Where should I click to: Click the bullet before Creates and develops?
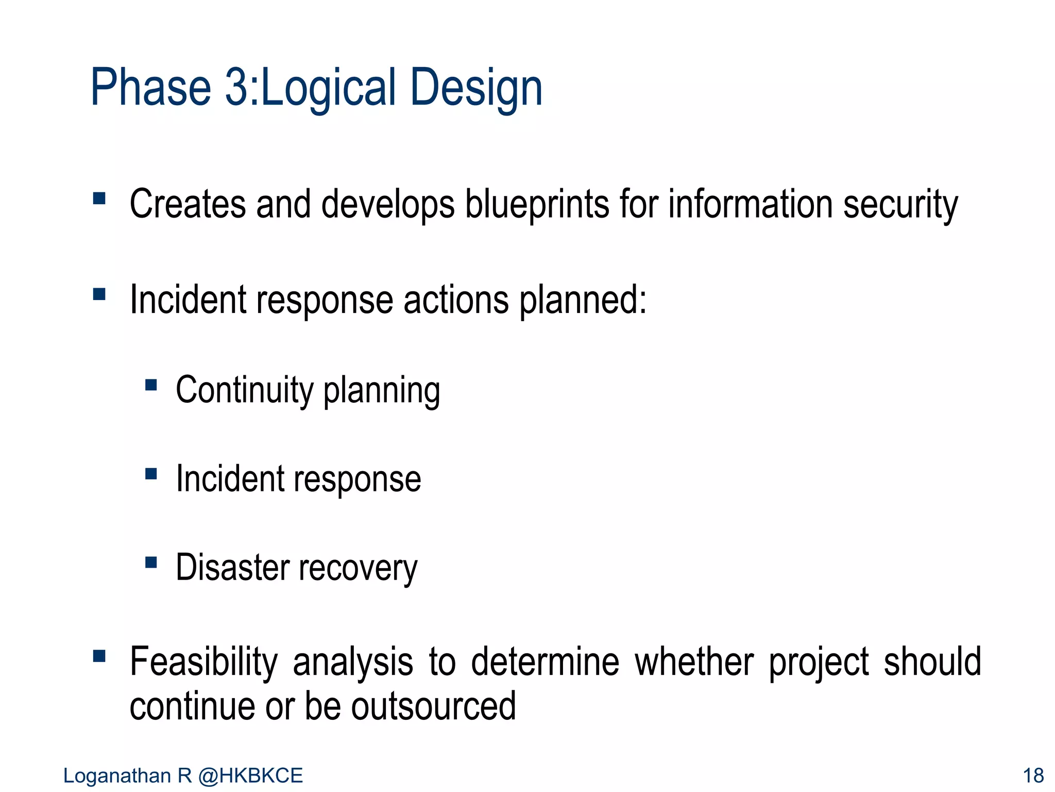[x=99, y=199]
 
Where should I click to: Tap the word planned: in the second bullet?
[x=582, y=300]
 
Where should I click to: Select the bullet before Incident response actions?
[x=99, y=294]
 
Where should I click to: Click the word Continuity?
[x=244, y=390]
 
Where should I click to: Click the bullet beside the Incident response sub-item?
[x=151, y=474]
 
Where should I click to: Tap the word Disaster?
[x=232, y=568]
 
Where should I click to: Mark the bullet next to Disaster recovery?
[x=151, y=562]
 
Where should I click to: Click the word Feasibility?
[x=203, y=663]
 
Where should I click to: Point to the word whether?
[x=694, y=663]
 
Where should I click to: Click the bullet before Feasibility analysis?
[x=99, y=656]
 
